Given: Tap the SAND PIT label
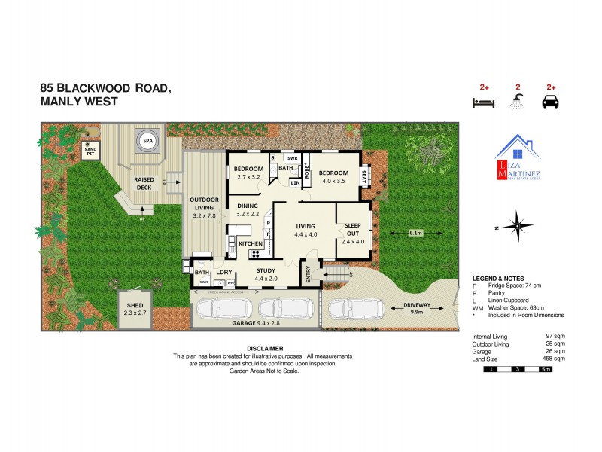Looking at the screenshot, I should [x=91, y=151].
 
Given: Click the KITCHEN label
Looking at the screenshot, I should [x=250, y=244].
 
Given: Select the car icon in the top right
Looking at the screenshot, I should [x=551, y=102].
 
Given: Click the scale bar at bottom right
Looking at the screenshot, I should [x=518, y=369].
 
